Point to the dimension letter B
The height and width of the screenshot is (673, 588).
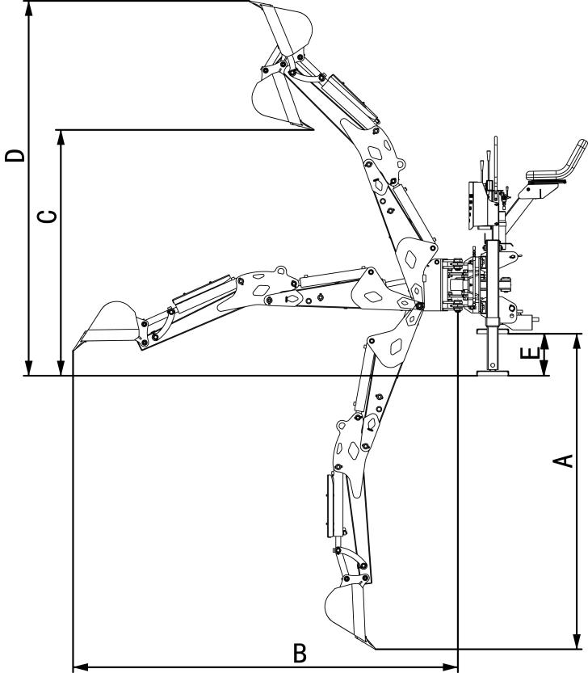(x=299, y=653)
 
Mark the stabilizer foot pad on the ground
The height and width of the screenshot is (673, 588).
(x=490, y=372)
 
